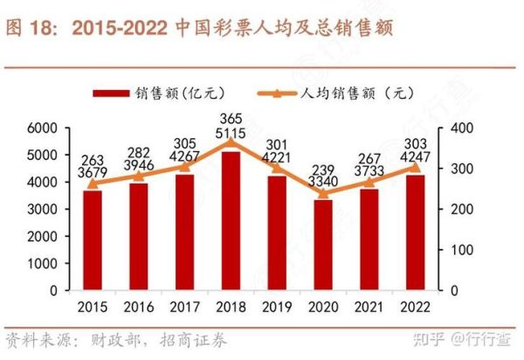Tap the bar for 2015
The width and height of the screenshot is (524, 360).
click(93, 240)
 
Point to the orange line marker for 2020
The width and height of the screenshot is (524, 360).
click(323, 193)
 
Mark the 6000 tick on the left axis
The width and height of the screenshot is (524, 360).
click(42, 128)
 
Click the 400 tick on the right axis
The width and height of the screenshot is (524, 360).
click(460, 128)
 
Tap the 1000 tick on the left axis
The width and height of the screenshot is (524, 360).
click(42, 263)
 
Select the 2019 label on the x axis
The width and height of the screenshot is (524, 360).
click(277, 308)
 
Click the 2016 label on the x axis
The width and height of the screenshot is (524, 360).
click(139, 308)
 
